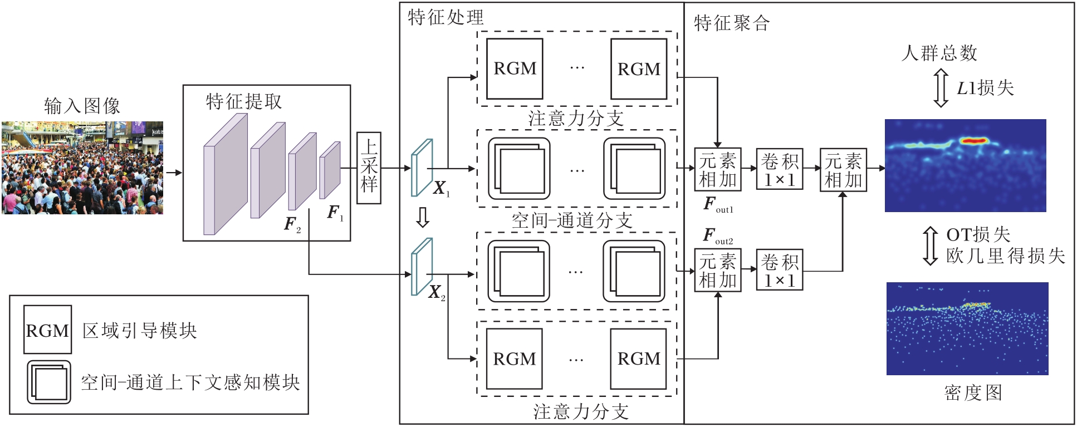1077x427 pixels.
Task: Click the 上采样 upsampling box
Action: point(369,168)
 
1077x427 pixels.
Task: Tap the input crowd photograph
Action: point(82,168)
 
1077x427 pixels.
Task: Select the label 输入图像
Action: point(82,106)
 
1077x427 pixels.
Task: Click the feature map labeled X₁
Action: point(422,167)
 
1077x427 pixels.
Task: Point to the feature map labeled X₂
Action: point(422,266)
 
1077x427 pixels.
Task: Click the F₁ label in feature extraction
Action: point(334,213)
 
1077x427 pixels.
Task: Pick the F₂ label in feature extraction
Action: point(292,224)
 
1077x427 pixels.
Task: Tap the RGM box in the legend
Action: point(47,330)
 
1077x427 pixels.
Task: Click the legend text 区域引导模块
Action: point(140,331)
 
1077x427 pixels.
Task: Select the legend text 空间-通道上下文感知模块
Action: point(190,382)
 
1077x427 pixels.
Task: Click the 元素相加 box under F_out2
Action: point(717,270)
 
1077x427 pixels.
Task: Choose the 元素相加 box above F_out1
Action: point(717,170)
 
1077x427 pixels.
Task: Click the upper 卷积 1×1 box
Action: point(779,170)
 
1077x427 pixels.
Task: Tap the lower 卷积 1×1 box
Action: point(779,270)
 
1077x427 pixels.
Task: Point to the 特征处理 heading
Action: point(446,17)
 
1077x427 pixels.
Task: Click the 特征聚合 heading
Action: point(732,23)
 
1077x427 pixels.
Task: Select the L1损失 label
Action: point(985,88)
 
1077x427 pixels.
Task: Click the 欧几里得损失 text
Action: point(1005,256)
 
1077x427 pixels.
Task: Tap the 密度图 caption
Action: point(973,393)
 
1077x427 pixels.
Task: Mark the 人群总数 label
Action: point(939,53)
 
